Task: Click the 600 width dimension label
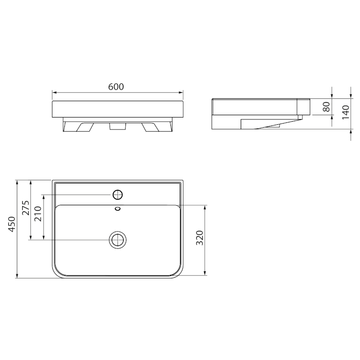click(x=116, y=87)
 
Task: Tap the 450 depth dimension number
click(x=12, y=224)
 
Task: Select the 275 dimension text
click(x=26, y=208)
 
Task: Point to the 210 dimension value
click(x=38, y=214)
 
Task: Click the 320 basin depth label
click(x=200, y=238)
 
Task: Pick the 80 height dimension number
click(x=326, y=106)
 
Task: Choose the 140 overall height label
click(x=346, y=112)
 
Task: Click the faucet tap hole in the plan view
click(x=118, y=195)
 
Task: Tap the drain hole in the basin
click(x=118, y=240)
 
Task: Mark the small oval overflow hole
click(x=118, y=209)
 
